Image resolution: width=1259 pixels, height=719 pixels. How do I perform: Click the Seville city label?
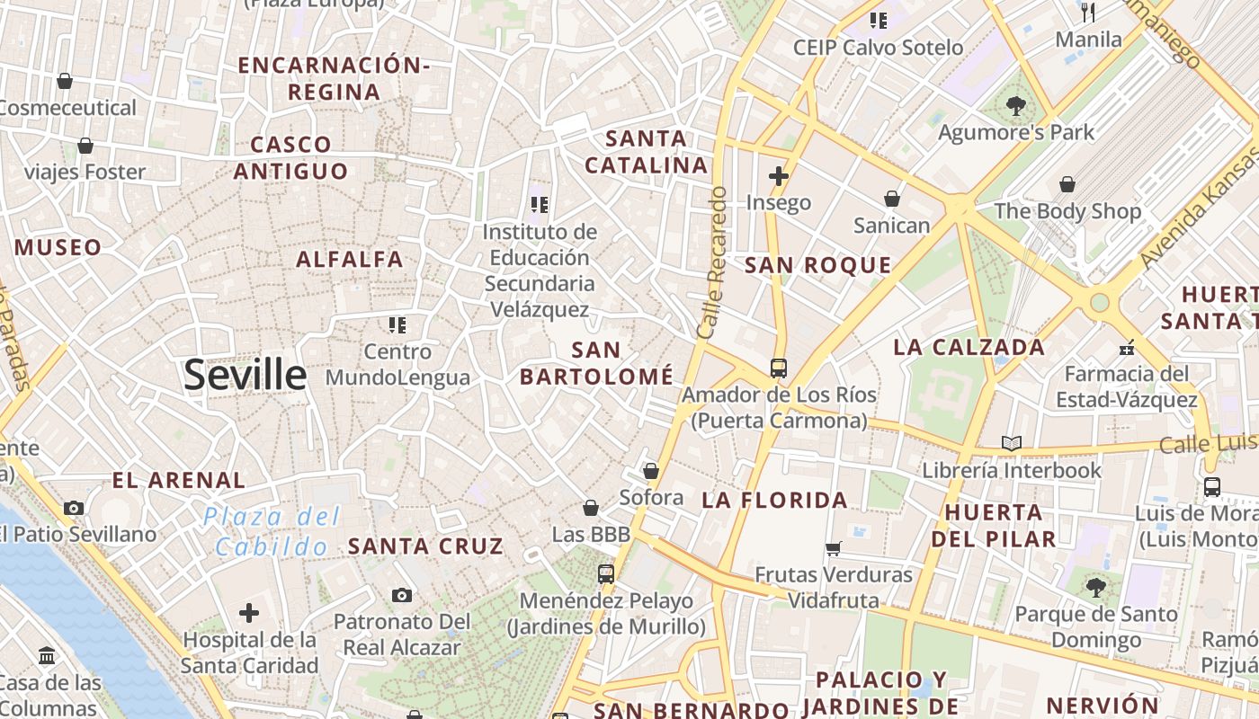pyautogui.click(x=245, y=375)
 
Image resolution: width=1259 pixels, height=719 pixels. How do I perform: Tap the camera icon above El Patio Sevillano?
pyautogui.click(x=74, y=508)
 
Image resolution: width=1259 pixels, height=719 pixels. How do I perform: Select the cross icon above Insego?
pyautogui.click(x=779, y=176)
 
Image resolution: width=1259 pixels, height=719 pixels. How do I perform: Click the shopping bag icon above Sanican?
pyautogui.click(x=892, y=199)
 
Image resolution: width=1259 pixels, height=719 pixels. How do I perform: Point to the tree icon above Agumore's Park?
pyautogui.click(x=1016, y=106)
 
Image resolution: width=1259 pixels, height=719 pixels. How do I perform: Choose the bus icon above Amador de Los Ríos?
pyautogui.click(x=779, y=368)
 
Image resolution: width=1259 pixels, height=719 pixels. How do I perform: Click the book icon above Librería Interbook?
pyautogui.click(x=1012, y=443)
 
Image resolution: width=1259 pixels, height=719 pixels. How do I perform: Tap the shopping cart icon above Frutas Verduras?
pyautogui.click(x=834, y=548)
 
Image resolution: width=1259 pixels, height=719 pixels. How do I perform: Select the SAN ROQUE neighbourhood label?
pyautogui.click(x=818, y=265)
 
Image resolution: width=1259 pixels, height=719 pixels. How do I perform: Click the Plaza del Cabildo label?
pyautogui.click(x=272, y=531)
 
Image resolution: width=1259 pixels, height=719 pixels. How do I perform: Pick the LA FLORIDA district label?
pyautogui.click(x=774, y=500)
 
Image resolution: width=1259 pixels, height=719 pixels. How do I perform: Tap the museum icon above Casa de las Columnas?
pyautogui.click(x=47, y=656)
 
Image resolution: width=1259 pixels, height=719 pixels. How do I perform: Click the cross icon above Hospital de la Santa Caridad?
pyautogui.click(x=249, y=613)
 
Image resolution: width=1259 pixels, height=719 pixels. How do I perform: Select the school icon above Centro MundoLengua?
pyautogui.click(x=397, y=324)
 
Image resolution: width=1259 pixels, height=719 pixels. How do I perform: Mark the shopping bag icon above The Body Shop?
pyautogui.click(x=1067, y=184)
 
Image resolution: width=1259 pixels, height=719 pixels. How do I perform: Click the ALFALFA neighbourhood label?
pyautogui.click(x=350, y=260)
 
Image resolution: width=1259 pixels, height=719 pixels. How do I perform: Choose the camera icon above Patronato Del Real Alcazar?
pyautogui.click(x=402, y=595)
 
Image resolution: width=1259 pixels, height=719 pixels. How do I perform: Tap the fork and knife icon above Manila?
pyautogui.click(x=1088, y=13)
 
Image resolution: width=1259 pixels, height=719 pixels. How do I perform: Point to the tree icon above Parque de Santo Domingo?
pyautogui.click(x=1095, y=588)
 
